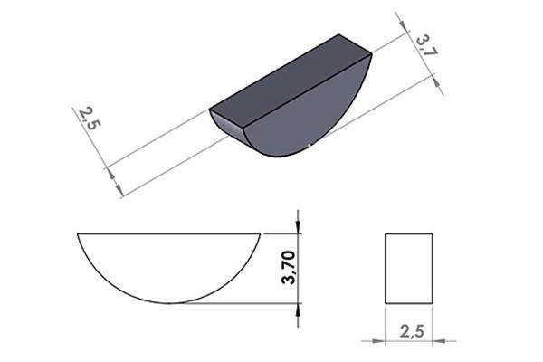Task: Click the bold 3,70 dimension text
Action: (289, 267)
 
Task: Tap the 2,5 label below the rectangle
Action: (412, 331)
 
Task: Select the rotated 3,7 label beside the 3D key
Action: (427, 44)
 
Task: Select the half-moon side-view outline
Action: (168, 233)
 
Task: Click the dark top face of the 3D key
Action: (291, 81)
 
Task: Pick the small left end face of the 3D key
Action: (227, 126)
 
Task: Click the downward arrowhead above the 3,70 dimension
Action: (298, 226)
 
